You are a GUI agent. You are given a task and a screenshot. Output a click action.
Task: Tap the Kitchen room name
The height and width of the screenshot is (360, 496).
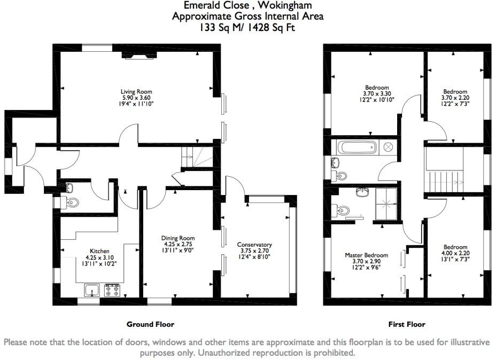click(x=99, y=251)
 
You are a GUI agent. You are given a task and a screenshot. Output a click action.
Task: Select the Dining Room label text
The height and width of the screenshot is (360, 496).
click(x=178, y=238)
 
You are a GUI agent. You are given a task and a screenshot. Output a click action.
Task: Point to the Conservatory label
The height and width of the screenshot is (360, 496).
click(x=254, y=245)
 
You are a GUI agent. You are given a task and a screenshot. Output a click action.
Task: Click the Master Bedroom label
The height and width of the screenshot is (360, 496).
click(x=366, y=255)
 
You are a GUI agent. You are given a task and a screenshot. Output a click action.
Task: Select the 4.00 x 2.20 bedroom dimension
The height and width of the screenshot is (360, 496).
click(x=455, y=254)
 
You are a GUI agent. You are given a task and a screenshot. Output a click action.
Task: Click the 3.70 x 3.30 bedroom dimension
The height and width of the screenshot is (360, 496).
click(x=377, y=94)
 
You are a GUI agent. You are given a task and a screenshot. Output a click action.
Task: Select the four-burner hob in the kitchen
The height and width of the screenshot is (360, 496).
click(x=112, y=291)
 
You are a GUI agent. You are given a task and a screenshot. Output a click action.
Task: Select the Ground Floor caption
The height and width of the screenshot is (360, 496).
click(x=150, y=324)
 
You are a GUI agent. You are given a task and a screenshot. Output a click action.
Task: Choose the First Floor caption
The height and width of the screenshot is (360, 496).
click(x=406, y=324)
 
